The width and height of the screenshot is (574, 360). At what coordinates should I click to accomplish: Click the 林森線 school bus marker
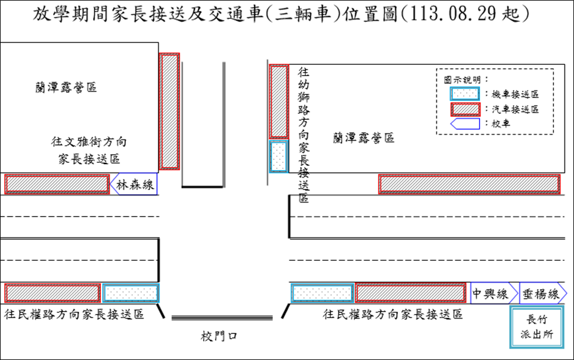pos(134,185)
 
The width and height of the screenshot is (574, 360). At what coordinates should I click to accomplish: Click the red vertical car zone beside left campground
pos(169,112)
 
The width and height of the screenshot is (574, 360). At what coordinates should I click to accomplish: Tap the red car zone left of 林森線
pos(57,184)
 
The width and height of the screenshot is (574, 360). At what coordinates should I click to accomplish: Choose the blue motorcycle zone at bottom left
pos(131,293)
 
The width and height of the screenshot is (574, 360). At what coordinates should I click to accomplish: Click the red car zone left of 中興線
pos(411,293)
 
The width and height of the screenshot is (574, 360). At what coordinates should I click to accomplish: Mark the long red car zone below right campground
pos(469,184)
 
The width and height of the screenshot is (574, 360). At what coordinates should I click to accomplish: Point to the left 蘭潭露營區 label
pos(66,88)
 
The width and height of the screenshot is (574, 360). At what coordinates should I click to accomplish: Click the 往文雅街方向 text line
pos(89,142)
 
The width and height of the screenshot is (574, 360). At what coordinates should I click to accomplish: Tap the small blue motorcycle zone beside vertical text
pos(278,156)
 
